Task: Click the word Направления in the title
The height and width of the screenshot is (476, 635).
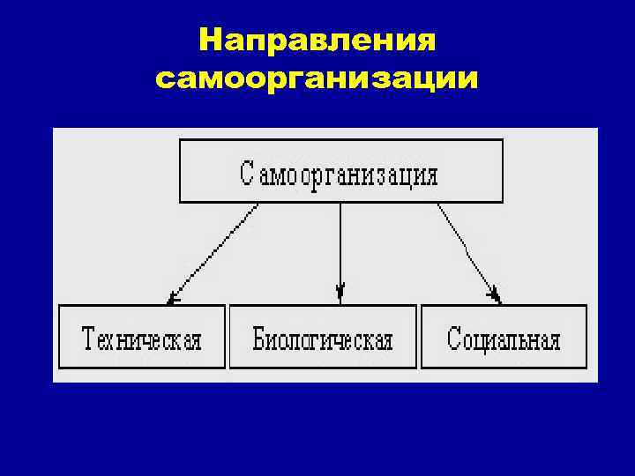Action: [317, 41]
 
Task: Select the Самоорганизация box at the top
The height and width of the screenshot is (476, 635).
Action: [340, 171]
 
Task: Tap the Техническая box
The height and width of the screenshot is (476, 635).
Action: [142, 337]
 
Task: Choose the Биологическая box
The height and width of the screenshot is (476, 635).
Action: [323, 337]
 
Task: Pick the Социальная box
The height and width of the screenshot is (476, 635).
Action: [504, 337]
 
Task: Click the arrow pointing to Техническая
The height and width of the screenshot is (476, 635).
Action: [213, 253]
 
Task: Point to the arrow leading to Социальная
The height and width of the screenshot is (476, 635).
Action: [468, 252]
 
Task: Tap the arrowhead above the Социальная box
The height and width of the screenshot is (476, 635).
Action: [495, 294]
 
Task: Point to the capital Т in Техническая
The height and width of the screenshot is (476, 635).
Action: [89, 338]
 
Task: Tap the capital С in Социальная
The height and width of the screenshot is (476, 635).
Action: [453, 338]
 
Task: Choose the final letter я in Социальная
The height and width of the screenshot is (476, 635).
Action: [555, 340]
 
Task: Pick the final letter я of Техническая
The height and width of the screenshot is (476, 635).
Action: [195, 340]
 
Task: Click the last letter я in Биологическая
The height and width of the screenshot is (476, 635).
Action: [386, 340]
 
